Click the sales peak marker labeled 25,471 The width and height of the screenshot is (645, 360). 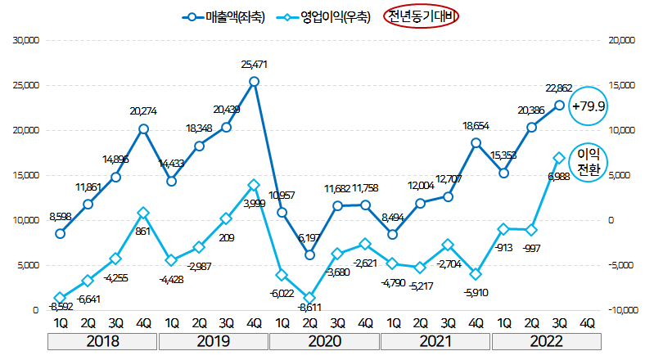(x=255, y=81)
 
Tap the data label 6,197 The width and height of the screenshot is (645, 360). (x=309, y=237)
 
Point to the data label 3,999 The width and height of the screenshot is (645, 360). (x=253, y=203)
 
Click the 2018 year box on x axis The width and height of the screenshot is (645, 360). (x=102, y=340)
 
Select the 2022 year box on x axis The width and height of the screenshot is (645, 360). (x=546, y=340)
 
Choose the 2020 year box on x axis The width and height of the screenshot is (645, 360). (x=324, y=340)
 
